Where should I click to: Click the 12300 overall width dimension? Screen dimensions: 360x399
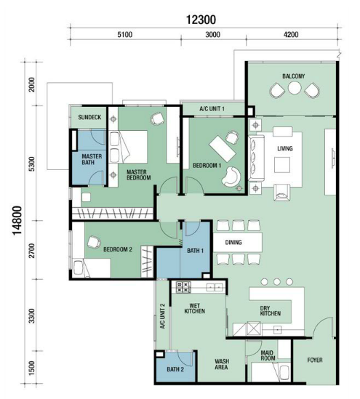click(201, 20)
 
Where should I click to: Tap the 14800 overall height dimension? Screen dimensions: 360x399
click(17, 221)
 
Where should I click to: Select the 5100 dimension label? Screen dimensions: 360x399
click(125, 34)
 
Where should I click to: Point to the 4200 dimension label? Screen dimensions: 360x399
click(291, 34)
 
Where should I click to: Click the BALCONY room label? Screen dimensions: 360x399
click(293, 76)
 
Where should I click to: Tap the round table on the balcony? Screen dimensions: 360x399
click(295, 88)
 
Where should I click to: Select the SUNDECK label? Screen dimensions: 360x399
click(89, 117)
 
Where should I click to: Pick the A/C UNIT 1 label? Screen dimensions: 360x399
click(212, 109)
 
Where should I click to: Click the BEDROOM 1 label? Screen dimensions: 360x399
click(207, 166)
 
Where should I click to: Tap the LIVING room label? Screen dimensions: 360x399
click(285, 148)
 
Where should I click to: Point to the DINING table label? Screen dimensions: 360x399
click(233, 242)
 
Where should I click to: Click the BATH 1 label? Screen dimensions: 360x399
click(196, 251)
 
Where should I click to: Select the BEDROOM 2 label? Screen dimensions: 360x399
click(118, 249)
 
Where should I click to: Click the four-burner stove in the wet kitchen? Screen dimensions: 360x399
click(183, 287)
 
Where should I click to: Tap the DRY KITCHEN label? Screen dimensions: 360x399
click(270, 311)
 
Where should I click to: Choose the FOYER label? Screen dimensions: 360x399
click(315, 360)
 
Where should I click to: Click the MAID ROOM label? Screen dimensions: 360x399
click(268, 355)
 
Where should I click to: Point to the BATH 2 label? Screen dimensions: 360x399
click(175, 369)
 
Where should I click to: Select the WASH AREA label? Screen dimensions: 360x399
click(222, 364)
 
